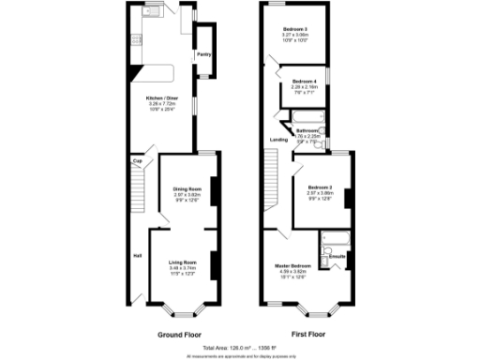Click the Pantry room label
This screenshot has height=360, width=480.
[x=202, y=54]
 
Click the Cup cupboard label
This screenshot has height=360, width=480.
[x=137, y=161]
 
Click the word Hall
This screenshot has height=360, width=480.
[x=137, y=254]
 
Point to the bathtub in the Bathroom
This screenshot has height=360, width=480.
[x=307, y=117]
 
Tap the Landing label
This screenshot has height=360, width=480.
[x=278, y=140]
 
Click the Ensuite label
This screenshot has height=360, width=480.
[x=337, y=255]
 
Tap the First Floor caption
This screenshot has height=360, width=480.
[x=307, y=334]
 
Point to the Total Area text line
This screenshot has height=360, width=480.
[x=240, y=348]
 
